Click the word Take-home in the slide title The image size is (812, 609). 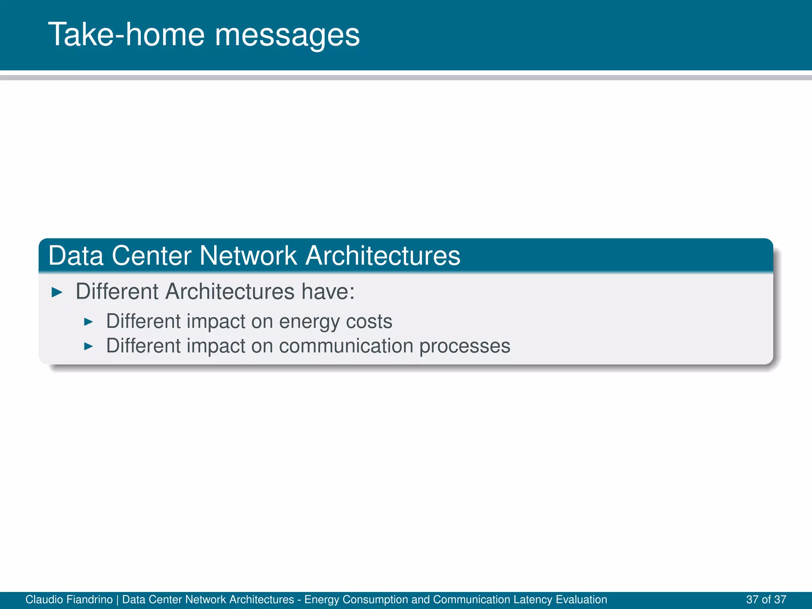pyautogui.click(x=126, y=35)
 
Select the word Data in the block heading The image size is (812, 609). pyautogui.click(x=76, y=256)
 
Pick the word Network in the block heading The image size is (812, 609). pyautogui.click(x=248, y=256)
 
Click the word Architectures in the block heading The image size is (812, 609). pyautogui.click(x=383, y=256)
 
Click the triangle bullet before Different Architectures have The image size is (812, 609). pyautogui.click(x=57, y=293)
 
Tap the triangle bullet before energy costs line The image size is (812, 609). pyautogui.click(x=88, y=322)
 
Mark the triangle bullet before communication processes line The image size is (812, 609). pyautogui.click(x=88, y=347)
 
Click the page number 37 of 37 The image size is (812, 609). pyautogui.click(x=766, y=599)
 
